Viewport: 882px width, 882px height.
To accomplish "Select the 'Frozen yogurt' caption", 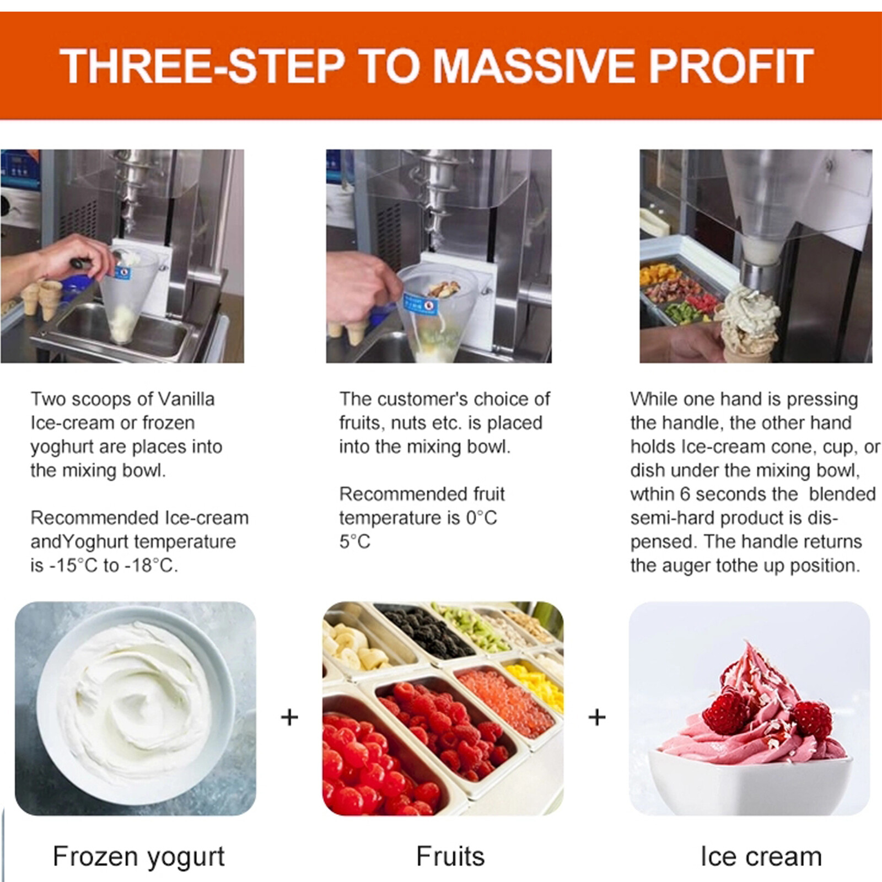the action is pos(138,857).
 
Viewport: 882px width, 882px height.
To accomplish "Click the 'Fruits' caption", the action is pos(450,857).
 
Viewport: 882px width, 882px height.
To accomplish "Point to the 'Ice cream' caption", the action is pos(761,857).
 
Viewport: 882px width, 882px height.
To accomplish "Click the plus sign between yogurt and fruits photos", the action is pos(289,717).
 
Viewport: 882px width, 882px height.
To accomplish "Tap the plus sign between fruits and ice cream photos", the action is pos(597,717).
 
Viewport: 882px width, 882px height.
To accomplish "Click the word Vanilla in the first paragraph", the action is pos(186,399).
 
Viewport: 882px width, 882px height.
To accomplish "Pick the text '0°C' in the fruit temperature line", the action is pos(481,518).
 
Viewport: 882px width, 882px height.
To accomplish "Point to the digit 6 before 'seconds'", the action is pos(685,494).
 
